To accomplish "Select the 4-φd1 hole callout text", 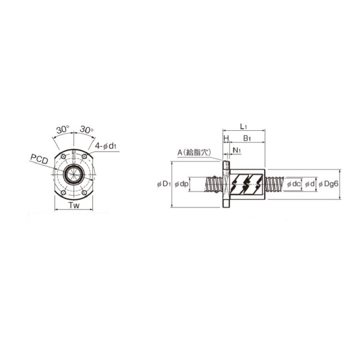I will (106, 146).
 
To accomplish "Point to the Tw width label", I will (74, 205).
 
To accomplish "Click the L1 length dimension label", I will (244, 127).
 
